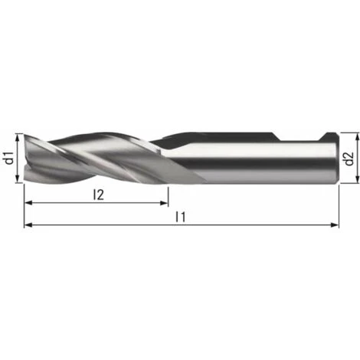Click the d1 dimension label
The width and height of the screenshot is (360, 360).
[9, 158]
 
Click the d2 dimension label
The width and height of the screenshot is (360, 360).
[349, 159]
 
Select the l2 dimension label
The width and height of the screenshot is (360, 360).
[98, 195]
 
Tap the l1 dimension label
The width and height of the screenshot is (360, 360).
[180, 217]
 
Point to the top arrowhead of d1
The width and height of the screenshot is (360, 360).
[18, 138]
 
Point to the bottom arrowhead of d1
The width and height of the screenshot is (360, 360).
[18, 178]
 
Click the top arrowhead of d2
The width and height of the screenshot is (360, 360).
[358, 137]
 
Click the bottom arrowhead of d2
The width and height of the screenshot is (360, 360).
[358, 178]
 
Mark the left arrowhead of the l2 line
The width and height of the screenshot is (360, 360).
[28, 203]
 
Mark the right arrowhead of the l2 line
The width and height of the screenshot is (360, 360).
[164, 203]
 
